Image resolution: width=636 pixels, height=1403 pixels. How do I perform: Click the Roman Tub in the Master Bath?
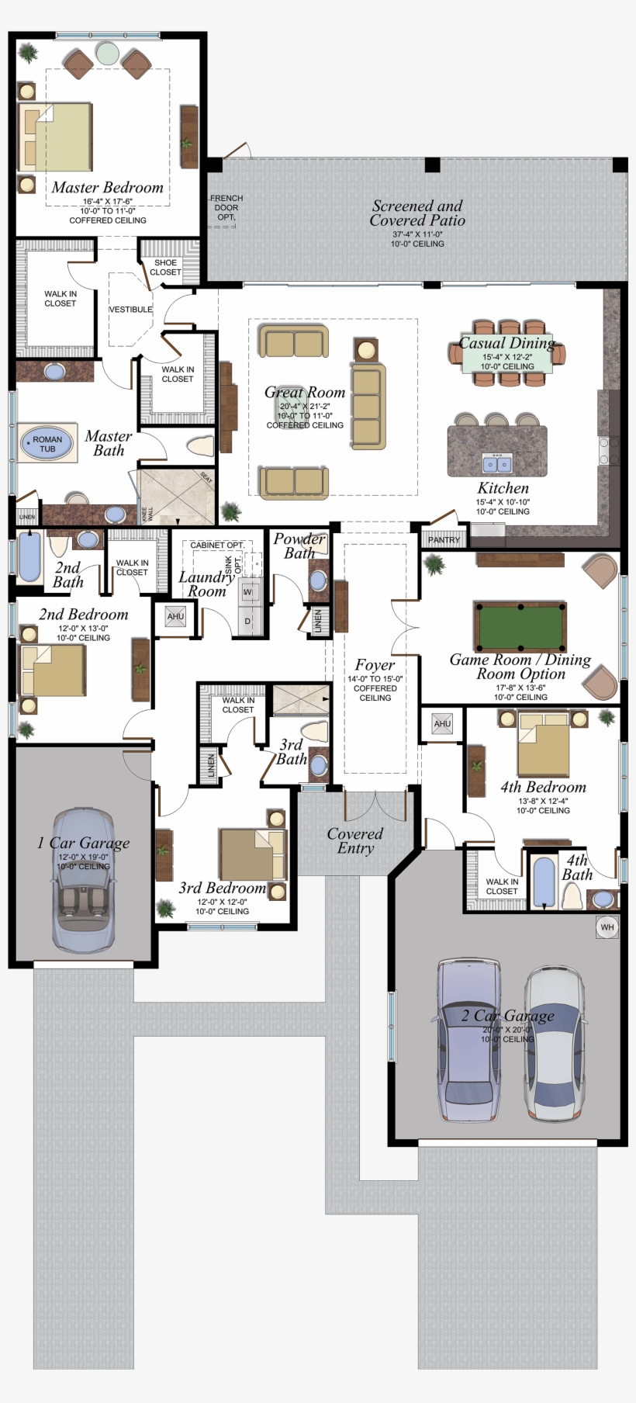click(47, 444)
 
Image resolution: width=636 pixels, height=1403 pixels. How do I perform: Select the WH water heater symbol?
click(607, 927)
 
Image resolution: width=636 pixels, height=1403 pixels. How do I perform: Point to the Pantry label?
click(444, 539)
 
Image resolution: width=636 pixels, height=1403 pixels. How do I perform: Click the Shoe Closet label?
click(165, 267)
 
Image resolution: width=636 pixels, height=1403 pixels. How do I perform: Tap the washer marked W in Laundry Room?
click(248, 592)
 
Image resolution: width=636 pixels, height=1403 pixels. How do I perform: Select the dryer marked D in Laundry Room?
click(248, 621)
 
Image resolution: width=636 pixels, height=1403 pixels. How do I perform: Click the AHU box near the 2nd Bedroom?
click(176, 617)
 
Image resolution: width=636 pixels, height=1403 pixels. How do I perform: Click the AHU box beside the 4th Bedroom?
click(442, 724)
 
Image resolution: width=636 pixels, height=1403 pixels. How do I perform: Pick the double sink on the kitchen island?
click(496, 464)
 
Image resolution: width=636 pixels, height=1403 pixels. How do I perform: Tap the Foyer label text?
click(375, 665)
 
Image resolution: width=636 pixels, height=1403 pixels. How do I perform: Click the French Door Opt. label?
click(226, 207)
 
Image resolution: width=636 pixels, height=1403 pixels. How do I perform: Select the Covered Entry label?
click(354, 840)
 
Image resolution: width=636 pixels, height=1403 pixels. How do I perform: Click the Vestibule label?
click(130, 310)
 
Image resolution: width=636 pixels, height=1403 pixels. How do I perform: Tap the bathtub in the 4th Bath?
click(544, 882)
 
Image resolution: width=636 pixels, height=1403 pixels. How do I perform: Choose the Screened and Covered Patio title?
click(417, 213)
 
